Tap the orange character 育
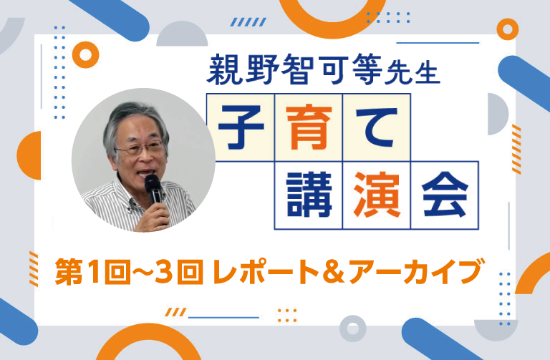[309, 128]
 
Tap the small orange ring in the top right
[507, 29]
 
